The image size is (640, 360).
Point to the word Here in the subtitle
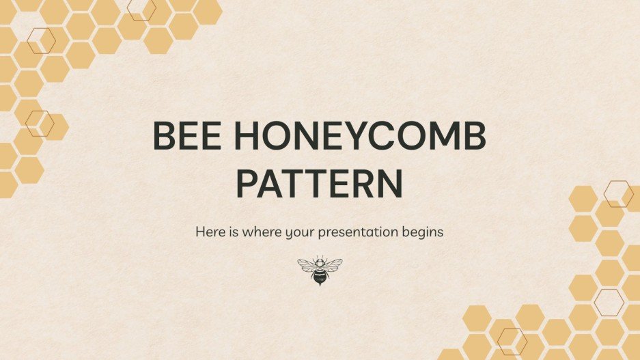click(210, 232)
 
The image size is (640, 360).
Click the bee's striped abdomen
click(320, 276)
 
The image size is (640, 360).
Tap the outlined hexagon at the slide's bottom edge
click(512, 341)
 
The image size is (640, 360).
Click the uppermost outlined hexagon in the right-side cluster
click(619, 194)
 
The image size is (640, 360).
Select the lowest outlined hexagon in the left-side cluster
click(40, 124)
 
